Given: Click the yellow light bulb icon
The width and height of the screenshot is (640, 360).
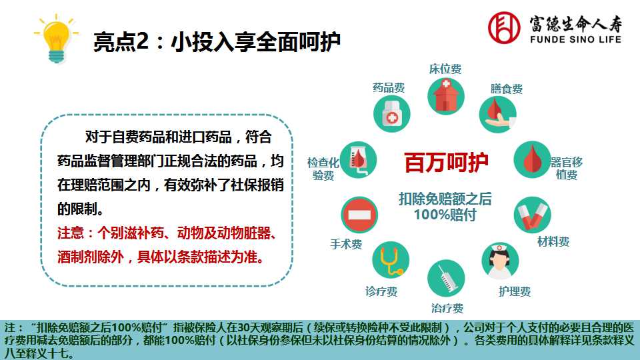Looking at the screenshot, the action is click(x=56, y=39).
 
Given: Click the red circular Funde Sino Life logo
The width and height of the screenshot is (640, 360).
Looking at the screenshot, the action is click(x=504, y=27).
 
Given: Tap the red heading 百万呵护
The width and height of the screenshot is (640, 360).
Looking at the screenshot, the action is click(x=446, y=163).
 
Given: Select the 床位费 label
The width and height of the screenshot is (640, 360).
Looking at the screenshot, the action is click(x=445, y=69).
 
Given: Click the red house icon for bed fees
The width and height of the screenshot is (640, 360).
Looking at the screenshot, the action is click(x=446, y=97).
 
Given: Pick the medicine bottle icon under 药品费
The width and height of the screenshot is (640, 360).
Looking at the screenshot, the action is click(x=392, y=114).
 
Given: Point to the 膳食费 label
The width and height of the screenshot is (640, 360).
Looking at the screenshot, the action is click(x=507, y=89).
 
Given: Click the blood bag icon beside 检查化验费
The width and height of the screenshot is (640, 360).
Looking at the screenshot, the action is click(x=359, y=159).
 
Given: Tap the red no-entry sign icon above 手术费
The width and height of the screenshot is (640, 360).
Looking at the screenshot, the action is click(x=359, y=215).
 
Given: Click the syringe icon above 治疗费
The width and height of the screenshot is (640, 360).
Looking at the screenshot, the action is click(x=446, y=279).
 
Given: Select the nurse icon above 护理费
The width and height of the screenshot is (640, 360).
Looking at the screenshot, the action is click(x=501, y=261).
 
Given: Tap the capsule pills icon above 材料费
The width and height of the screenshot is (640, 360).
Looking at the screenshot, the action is click(x=532, y=215).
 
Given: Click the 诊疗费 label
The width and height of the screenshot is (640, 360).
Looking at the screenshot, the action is click(x=381, y=291).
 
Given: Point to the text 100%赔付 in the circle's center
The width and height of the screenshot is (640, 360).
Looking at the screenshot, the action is click(x=445, y=215).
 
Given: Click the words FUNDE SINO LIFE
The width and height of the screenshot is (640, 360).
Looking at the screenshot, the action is click(x=575, y=39).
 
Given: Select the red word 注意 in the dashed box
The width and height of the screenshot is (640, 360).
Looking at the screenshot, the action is click(x=70, y=233).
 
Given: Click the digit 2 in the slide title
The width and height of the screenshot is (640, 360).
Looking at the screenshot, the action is click(x=142, y=41).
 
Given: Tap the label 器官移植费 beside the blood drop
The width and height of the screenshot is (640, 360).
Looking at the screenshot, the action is click(x=566, y=169).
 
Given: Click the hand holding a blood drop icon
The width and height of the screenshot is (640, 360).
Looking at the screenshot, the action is click(x=498, y=115).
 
